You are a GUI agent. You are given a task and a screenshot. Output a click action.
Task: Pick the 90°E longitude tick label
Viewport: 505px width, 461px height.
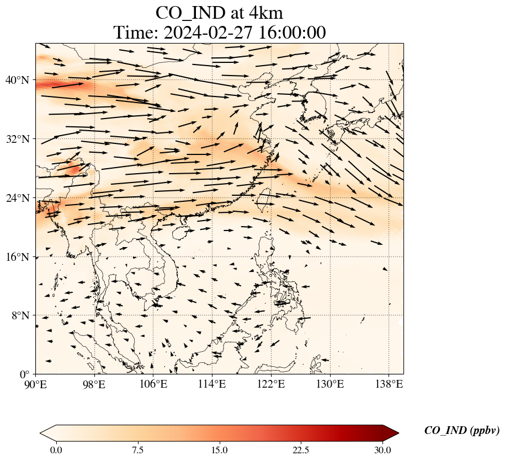pos(36,384)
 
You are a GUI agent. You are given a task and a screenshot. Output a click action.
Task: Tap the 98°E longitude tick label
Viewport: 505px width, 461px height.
pos(94,384)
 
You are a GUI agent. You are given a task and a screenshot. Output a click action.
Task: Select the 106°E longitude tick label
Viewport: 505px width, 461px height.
pos(153,384)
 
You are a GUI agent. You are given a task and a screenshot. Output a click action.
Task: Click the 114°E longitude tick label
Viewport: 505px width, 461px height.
pos(212,384)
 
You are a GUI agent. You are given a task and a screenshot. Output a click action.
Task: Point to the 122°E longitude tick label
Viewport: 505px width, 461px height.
pos(271,384)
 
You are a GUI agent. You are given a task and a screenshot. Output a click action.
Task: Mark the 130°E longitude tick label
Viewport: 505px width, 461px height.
pos(329,384)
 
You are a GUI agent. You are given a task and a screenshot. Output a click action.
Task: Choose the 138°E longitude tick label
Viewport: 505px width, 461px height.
pos(389,384)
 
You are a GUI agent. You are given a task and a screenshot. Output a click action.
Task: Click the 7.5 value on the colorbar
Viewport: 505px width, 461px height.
pos(138,450)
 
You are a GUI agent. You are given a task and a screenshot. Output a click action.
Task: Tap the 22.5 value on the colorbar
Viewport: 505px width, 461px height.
pos(301,450)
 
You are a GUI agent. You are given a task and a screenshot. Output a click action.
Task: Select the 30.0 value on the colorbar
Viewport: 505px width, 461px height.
pos(382,450)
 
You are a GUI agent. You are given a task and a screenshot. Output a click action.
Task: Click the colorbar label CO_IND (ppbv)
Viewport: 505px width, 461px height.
pos(462,431)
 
